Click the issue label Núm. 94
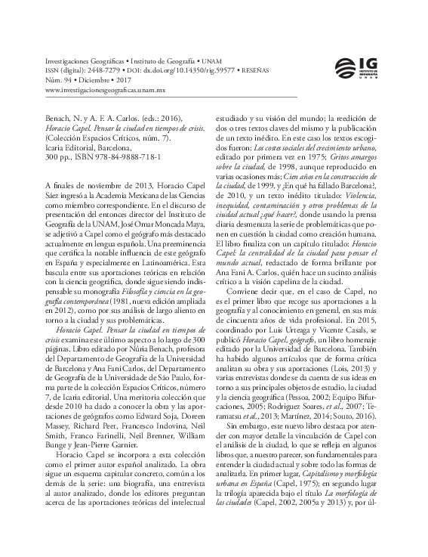pyautogui.click(x=63, y=79)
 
